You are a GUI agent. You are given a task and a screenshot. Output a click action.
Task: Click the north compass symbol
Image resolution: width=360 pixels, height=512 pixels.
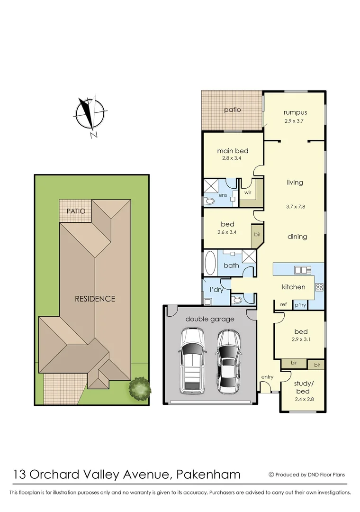pos(89,114)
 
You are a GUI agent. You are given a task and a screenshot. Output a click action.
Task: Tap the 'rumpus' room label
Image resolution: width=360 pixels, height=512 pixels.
pos(295,112)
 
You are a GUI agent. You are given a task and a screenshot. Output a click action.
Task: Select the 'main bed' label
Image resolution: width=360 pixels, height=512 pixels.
pos(233,151)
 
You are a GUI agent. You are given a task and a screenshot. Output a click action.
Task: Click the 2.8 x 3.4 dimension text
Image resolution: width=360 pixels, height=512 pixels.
pos(233,158)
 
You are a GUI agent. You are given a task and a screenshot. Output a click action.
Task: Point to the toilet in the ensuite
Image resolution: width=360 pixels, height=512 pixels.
pos(209,201)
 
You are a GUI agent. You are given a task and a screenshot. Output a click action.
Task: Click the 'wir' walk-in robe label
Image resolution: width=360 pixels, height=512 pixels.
pos(247,193)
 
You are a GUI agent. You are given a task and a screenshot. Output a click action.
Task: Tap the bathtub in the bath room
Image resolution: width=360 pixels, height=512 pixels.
pos(210,263)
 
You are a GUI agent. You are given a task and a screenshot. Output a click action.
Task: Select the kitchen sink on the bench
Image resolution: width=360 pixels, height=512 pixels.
pos(301,270)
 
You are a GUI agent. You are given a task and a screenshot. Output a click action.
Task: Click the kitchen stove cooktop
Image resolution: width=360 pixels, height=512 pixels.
pos(319,286)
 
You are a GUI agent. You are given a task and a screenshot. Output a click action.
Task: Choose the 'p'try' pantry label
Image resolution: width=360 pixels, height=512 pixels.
pos(300,305)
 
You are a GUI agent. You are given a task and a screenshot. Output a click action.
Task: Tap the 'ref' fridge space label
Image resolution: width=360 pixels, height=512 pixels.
pos(283,304)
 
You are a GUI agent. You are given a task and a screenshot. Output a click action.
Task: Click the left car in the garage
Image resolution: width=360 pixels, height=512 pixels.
pos(192,361)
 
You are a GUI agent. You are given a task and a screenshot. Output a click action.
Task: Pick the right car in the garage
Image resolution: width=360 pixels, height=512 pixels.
pos(229,361)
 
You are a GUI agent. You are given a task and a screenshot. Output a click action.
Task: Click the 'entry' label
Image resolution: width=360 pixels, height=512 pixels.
pos(267,377)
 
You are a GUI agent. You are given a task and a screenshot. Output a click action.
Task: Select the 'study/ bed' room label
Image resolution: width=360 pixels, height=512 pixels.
pos(303,387)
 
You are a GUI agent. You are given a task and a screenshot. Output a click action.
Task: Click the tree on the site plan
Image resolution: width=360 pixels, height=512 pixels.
pos(140,387)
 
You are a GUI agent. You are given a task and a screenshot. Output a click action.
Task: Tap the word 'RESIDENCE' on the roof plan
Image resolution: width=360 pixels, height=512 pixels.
pos(95,299)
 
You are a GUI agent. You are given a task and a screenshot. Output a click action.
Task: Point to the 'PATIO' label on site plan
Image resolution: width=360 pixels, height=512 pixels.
pos(76,211)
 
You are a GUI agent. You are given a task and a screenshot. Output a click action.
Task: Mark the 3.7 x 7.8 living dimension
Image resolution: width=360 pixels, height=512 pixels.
pos(295,206)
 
